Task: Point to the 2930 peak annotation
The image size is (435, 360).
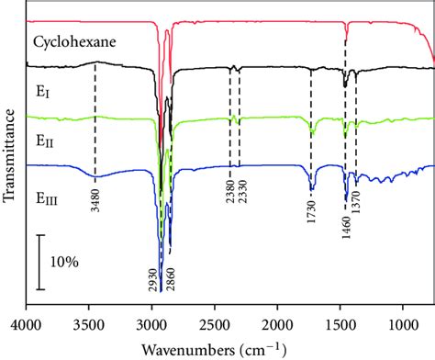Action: pyautogui.click(x=152, y=279)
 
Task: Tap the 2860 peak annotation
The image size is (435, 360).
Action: pyautogui.click(x=171, y=279)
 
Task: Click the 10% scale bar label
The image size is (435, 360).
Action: pyautogui.click(x=64, y=262)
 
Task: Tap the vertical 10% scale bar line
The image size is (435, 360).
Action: pyautogui.click(x=39, y=262)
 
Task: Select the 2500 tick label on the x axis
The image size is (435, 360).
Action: pyautogui.click(x=216, y=323)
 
